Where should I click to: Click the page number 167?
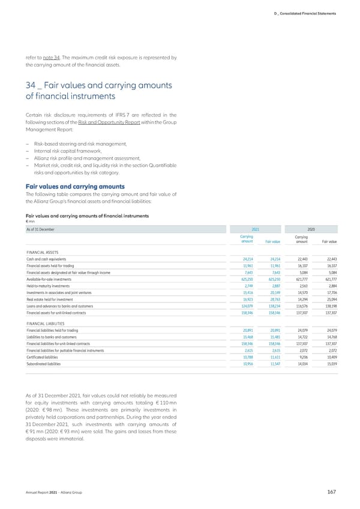pyautogui.click(x=332, y=492)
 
